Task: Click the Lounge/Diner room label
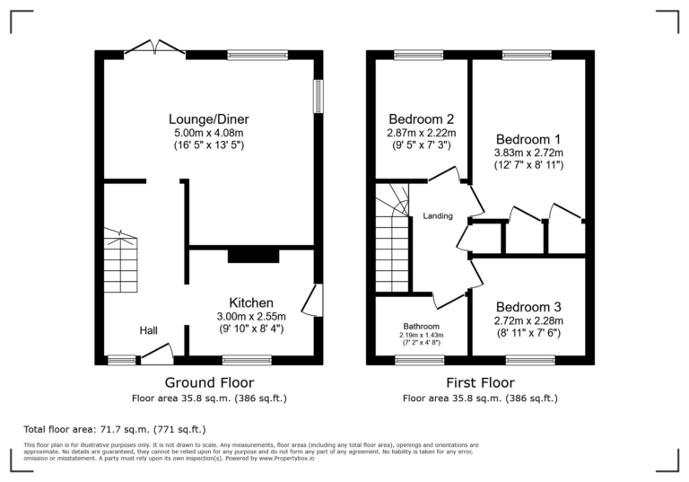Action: [x=209, y=119]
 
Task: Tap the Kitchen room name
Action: [x=250, y=302]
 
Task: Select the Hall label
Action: [x=148, y=331]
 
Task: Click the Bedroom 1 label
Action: [x=528, y=139]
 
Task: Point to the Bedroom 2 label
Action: [x=421, y=118]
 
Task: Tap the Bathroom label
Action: [x=421, y=326]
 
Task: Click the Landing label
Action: [x=437, y=216]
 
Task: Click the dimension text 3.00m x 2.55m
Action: [x=250, y=316]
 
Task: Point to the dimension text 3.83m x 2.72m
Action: [x=528, y=153]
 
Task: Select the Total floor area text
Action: [x=113, y=430]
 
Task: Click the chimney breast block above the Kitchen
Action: [x=253, y=255]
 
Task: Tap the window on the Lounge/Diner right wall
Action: [x=318, y=97]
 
